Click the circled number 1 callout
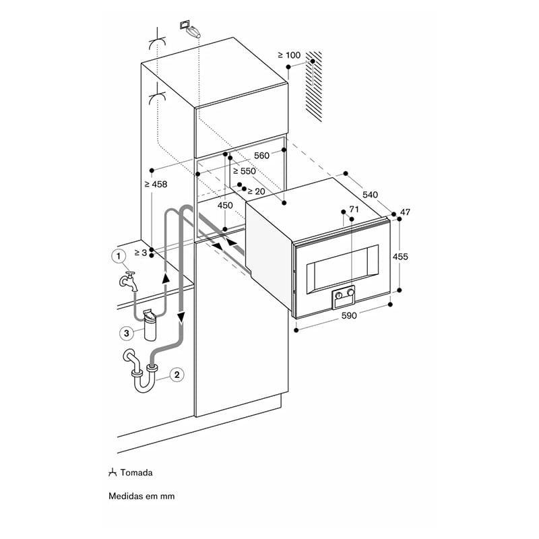[x=119, y=256]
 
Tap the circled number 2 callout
[x=177, y=375]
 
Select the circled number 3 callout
[x=127, y=333]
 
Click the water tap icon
[x=128, y=281]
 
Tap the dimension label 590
[x=349, y=315]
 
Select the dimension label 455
[x=400, y=257]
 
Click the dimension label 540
[x=370, y=195]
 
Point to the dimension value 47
[x=406, y=212]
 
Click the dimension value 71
[x=354, y=209]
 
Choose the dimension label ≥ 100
[x=289, y=55]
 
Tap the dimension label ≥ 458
[x=156, y=184]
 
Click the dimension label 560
[x=261, y=156]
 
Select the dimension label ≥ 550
[x=245, y=171]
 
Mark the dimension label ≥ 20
[x=256, y=191]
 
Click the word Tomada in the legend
[x=137, y=473]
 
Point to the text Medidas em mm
[x=141, y=496]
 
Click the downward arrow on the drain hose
[x=181, y=317]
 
